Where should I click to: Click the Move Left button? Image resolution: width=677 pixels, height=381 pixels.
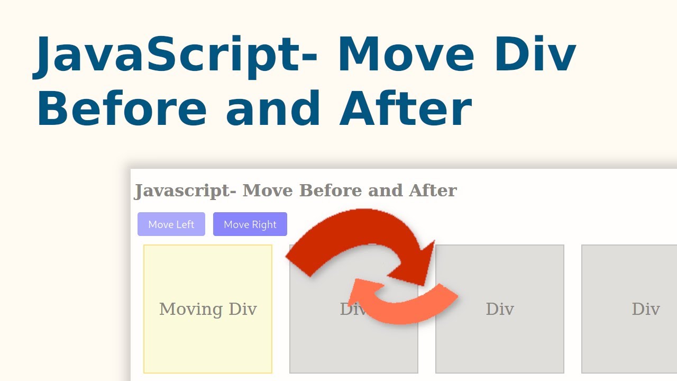[x=171, y=224]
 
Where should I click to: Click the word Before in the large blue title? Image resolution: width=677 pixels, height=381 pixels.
[x=121, y=110]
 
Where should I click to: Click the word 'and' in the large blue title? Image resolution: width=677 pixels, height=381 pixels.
[x=273, y=110]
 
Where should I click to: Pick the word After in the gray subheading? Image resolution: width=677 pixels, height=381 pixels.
[x=433, y=190]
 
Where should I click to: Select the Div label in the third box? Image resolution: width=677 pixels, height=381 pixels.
[x=500, y=309]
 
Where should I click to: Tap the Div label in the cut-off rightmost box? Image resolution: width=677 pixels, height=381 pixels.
[x=646, y=309]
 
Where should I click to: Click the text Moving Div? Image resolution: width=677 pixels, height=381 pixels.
[x=208, y=309]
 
